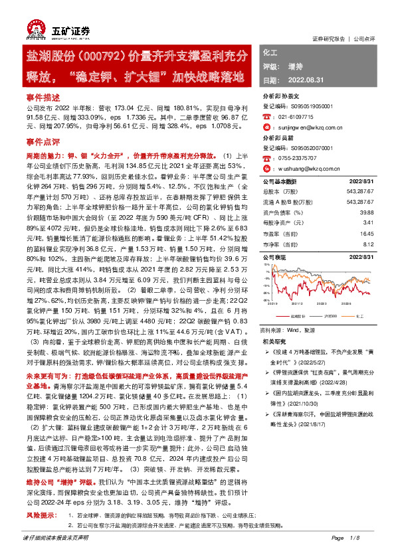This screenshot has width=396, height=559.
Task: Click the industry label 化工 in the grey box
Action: (270, 52)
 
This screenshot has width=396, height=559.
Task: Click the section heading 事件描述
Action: (42, 97)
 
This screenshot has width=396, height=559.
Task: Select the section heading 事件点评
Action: (42, 142)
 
